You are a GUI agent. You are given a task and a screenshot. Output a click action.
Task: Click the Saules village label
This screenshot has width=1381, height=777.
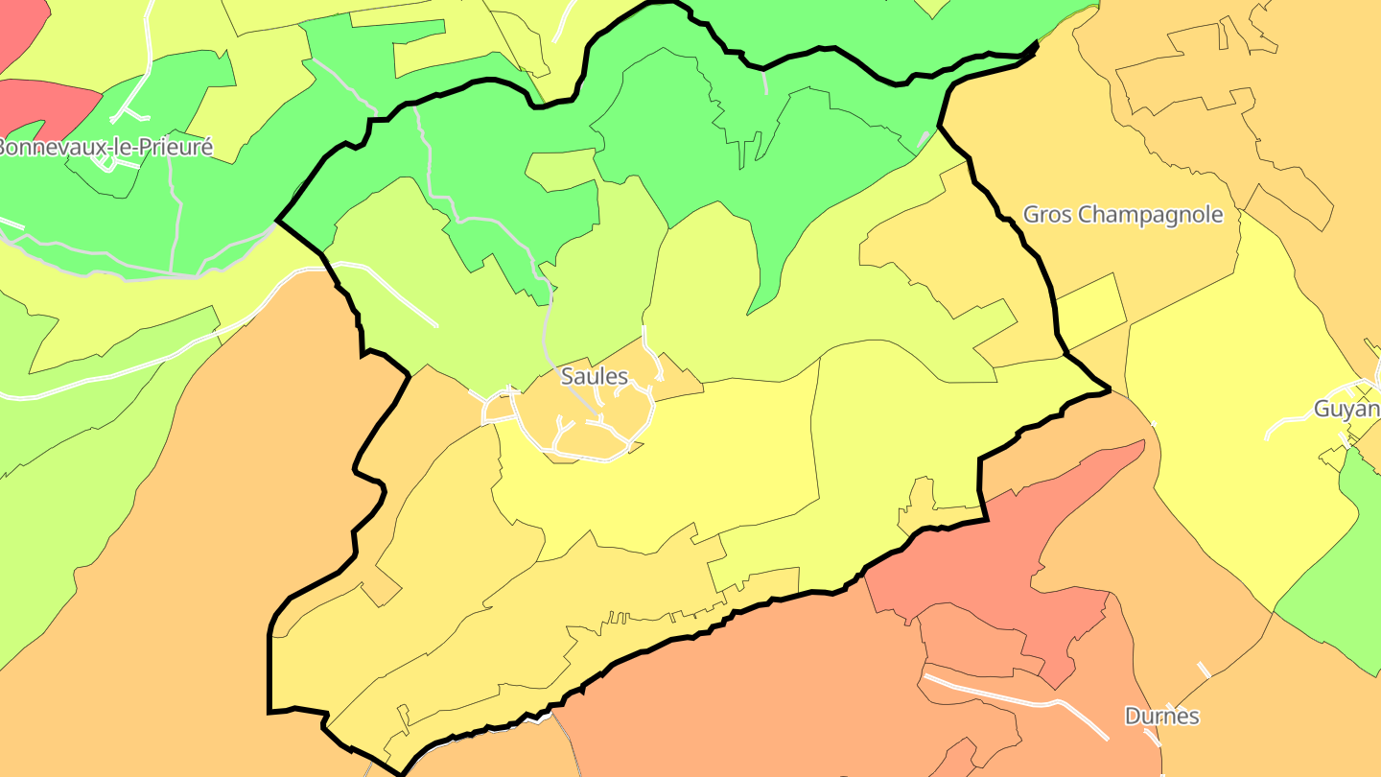click(x=594, y=376)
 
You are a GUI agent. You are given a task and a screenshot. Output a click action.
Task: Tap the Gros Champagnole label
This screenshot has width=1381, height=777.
click(x=1123, y=214)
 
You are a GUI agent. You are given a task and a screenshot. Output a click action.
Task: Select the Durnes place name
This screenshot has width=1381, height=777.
click(x=1161, y=717)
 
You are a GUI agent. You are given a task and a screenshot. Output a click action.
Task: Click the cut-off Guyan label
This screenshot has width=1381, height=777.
click(x=1346, y=409)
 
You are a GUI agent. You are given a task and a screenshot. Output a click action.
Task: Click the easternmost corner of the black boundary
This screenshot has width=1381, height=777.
click(x=1109, y=389)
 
